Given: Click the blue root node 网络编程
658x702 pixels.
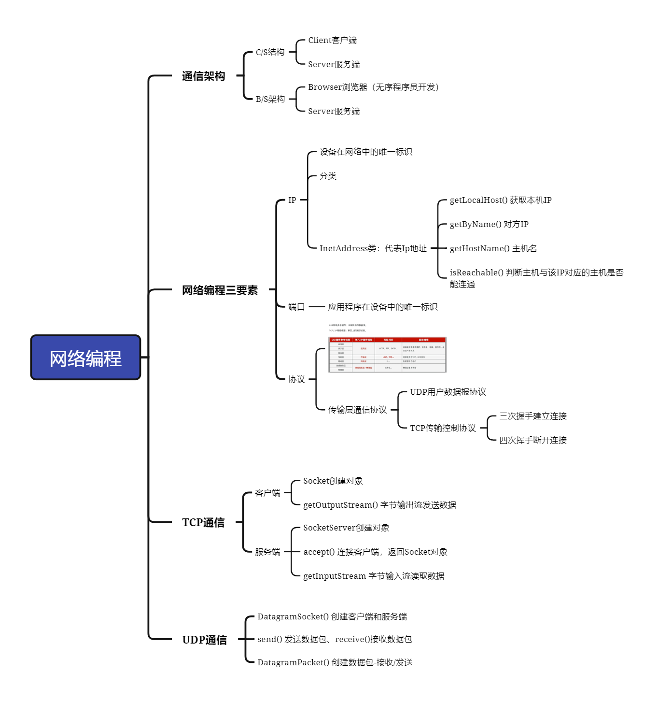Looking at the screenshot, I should point(85,358).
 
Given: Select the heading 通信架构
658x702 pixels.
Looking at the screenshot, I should point(203,76).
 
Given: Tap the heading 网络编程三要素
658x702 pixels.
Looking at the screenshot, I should point(220,290).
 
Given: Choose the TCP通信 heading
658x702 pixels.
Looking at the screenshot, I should point(203,522).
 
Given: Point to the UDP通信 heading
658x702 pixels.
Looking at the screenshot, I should point(204,640).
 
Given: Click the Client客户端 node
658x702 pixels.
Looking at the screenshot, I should point(332,40).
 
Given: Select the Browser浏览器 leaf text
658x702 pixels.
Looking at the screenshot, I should point(373,87).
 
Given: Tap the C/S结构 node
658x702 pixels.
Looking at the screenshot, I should point(270,52).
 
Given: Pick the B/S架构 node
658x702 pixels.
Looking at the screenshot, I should point(270,99).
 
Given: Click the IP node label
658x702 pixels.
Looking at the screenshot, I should point(292,200).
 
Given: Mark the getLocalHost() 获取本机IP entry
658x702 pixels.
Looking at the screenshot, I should point(500,200).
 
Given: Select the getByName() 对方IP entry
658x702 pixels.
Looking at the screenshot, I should point(489,224).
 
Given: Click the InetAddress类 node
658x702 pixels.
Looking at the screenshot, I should point(373,248).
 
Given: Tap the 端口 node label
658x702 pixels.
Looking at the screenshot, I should point(296,307).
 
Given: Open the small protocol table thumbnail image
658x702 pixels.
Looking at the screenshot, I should point(387,355).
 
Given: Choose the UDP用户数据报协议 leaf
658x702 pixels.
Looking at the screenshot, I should point(448,392).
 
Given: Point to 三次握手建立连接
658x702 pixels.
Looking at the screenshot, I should point(532,416).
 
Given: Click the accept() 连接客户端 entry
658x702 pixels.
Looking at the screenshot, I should point(375,552).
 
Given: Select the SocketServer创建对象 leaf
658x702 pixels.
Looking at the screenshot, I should point(346,528).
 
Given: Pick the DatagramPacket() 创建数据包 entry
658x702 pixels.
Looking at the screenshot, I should point(335,662).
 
